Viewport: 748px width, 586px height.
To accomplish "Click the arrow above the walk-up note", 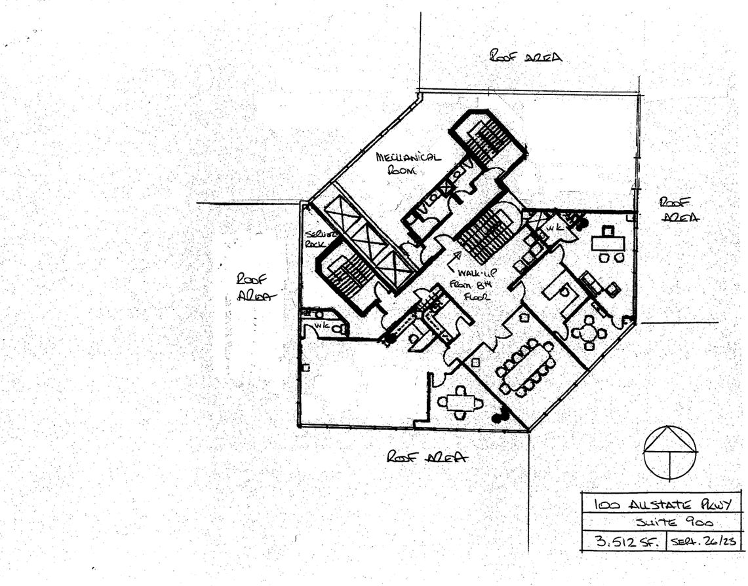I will point(451,263).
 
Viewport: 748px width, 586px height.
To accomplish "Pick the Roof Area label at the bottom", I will point(427,457).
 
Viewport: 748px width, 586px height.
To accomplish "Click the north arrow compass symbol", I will point(670,453).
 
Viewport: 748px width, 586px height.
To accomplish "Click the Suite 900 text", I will point(662,523).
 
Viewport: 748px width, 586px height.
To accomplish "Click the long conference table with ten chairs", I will point(526,368).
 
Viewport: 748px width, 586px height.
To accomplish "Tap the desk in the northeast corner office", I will point(608,240).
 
